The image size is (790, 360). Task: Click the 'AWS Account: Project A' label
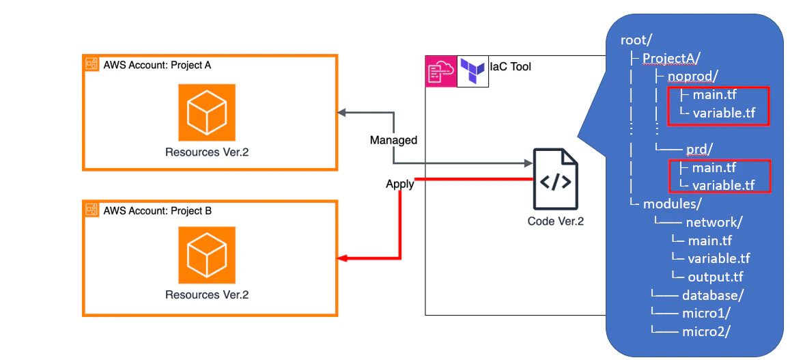[x=157, y=66]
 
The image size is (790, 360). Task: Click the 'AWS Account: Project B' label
[x=157, y=211]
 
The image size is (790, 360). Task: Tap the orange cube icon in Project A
[x=207, y=112]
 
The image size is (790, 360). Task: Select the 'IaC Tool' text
[x=510, y=66]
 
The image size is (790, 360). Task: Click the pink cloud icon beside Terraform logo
[x=440, y=70]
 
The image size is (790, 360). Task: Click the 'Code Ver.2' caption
[x=556, y=221]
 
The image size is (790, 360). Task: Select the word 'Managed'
[x=393, y=140]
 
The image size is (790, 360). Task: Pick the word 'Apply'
[x=400, y=184]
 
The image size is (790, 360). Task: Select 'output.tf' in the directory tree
[x=716, y=277]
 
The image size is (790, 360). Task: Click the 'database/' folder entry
[x=712, y=295]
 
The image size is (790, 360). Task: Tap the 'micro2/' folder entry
[x=706, y=331]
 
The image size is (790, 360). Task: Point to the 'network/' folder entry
[x=714, y=222]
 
